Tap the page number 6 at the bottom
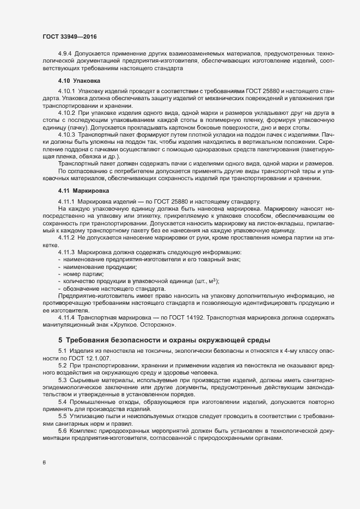(x=44, y=463)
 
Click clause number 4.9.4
(x=66, y=54)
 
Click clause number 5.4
(x=62, y=401)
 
